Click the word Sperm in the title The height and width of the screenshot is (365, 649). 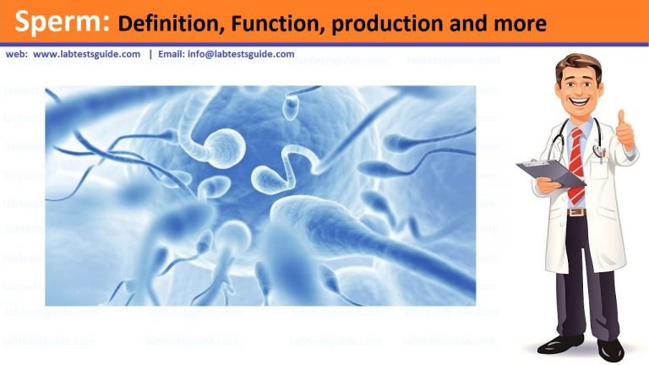pyautogui.click(x=58, y=23)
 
